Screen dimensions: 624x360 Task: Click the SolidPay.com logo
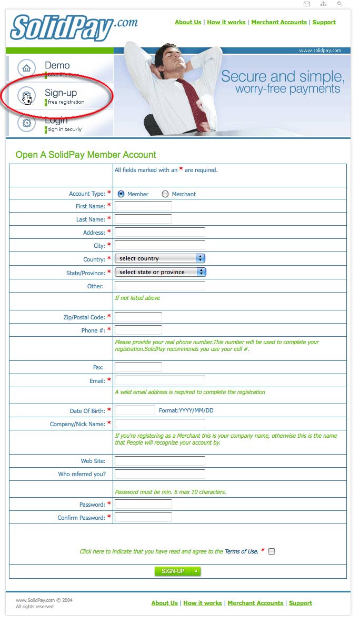[x=74, y=27]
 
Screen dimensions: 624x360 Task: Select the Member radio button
[x=121, y=194]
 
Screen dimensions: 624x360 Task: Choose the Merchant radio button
[x=165, y=194]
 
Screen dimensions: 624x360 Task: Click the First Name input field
[x=143, y=206]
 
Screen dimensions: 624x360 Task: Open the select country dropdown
[x=159, y=258]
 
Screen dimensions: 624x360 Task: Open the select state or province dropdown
[x=160, y=272]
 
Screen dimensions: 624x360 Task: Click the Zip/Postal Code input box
[x=138, y=317]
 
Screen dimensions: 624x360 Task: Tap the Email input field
[x=159, y=380]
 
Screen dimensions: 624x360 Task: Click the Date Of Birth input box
[x=135, y=410]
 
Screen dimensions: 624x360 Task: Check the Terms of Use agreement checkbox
[x=272, y=551]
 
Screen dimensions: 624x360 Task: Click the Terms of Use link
[x=242, y=551]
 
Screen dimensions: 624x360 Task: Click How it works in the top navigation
[x=226, y=22]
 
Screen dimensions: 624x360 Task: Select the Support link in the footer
[x=301, y=603]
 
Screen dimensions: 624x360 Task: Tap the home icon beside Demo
[x=26, y=68]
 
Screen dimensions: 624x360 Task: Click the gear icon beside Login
[x=26, y=123]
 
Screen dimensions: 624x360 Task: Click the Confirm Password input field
[x=143, y=517]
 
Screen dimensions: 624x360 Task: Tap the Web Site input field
[x=159, y=461]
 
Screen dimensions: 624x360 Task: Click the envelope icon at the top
[x=307, y=4]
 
